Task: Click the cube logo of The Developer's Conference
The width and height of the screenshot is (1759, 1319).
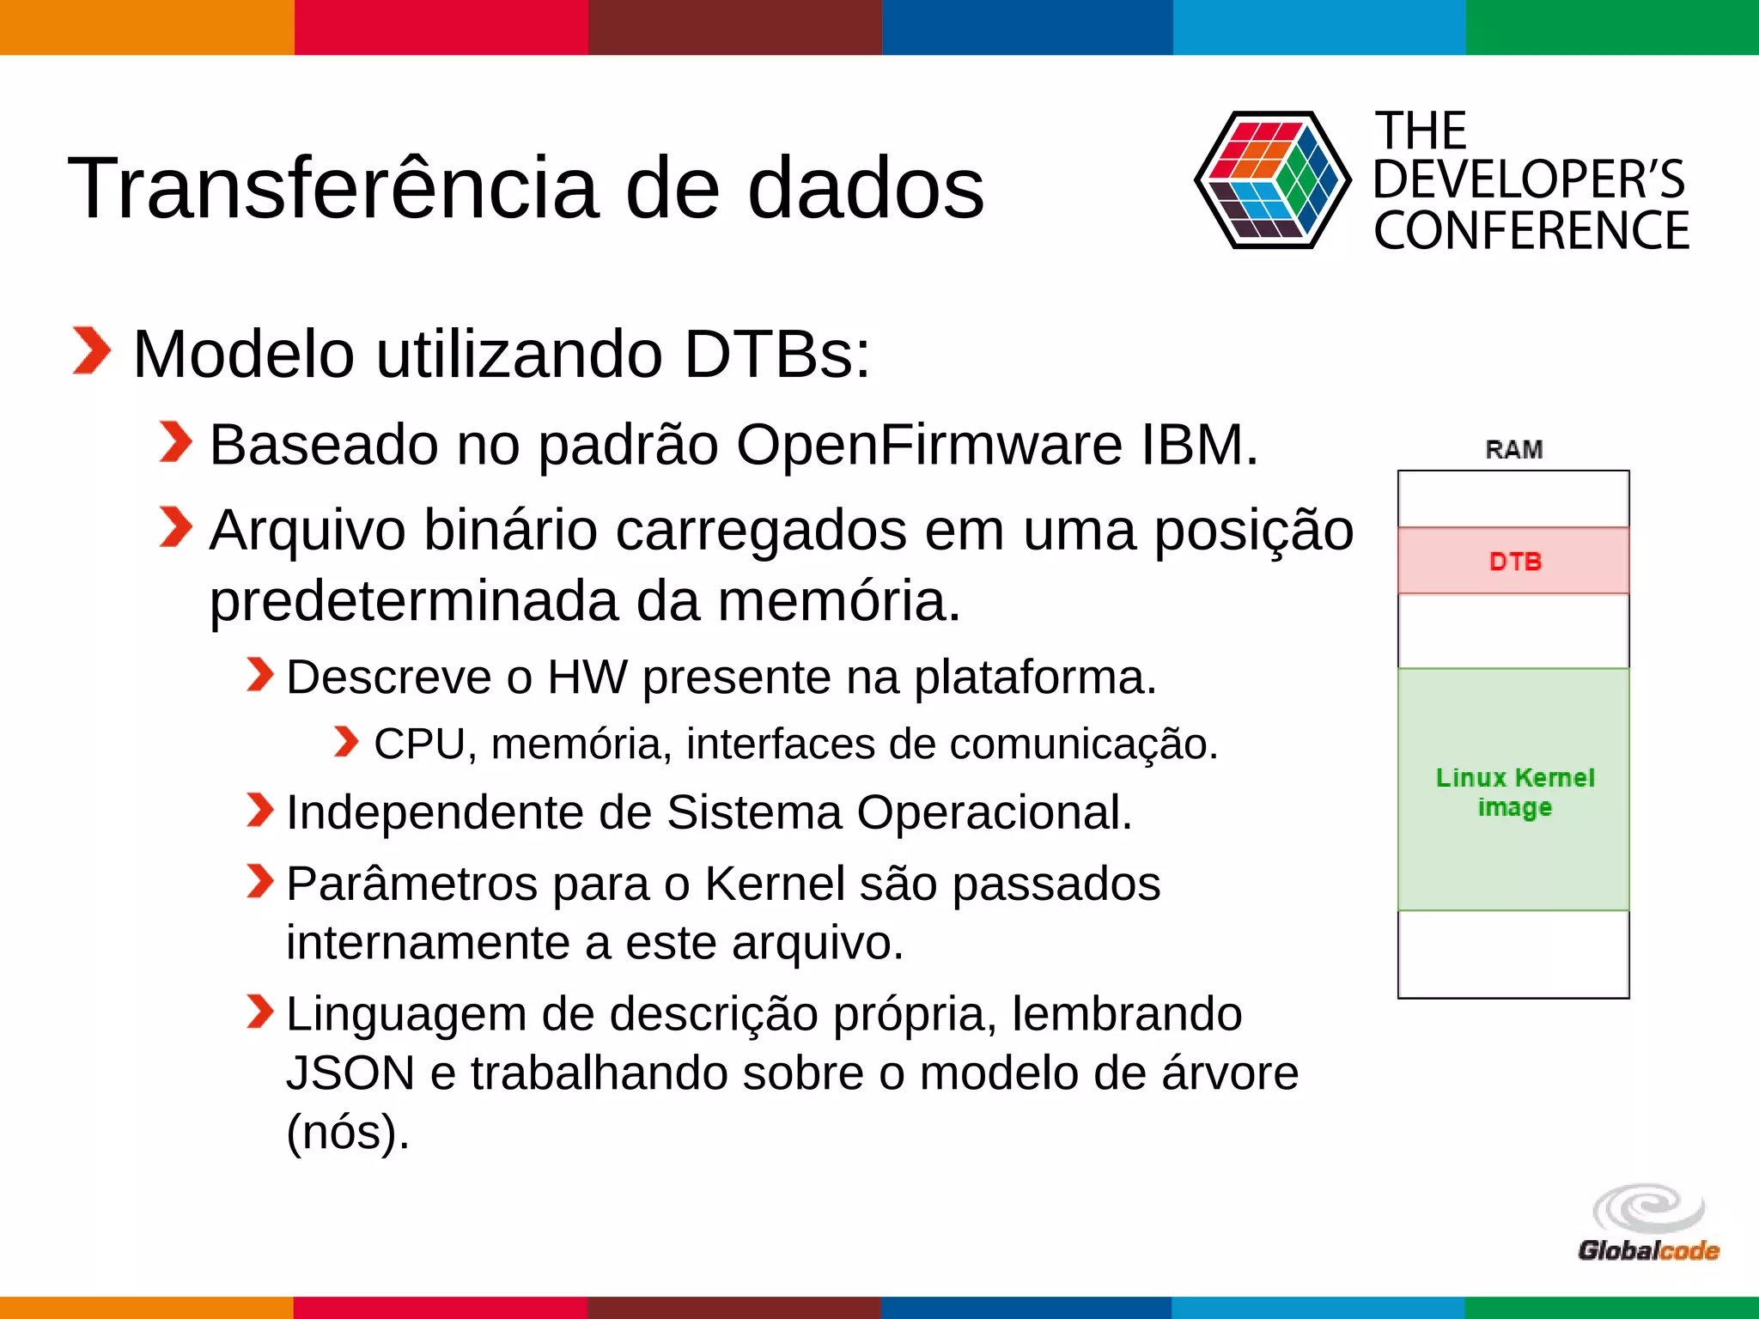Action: pyautogui.click(x=1273, y=180)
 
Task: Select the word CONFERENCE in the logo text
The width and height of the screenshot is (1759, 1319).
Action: pyautogui.click(x=1531, y=231)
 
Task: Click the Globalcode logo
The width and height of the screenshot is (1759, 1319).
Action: pyautogui.click(x=1648, y=1223)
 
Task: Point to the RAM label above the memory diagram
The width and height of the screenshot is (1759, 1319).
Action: pyautogui.click(x=1514, y=449)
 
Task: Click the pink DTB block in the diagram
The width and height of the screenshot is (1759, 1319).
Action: pyautogui.click(x=1513, y=561)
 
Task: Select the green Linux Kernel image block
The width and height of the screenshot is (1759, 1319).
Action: pyautogui.click(x=1513, y=790)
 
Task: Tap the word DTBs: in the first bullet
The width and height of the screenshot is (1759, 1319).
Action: pyautogui.click(x=777, y=354)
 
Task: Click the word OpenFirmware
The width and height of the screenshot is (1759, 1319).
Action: pyautogui.click(x=928, y=445)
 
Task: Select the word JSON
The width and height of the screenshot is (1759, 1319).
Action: pyautogui.click(x=350, y=1073)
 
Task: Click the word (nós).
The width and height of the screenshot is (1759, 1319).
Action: pyautogui.click(x=348, y=1132)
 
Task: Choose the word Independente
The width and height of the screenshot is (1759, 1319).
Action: pyautogui.click(x=434, y=812)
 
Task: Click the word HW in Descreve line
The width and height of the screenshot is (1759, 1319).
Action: pyautogui.click(x=587, y=678)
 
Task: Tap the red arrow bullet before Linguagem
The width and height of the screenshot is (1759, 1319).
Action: pyautogui.click(x=259, y=1011)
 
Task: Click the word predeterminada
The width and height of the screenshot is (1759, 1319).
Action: pyautogui.click(x=412, y=601)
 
